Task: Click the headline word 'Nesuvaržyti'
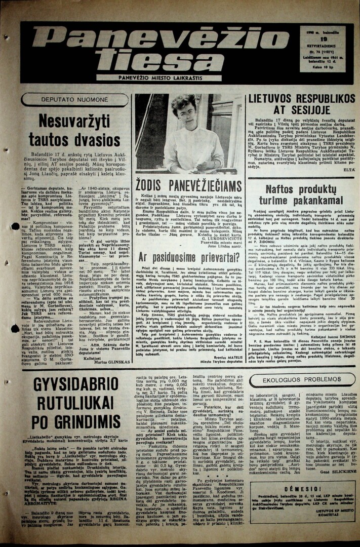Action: coord(74,121)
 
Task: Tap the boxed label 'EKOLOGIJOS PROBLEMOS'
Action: coord(301,379)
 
